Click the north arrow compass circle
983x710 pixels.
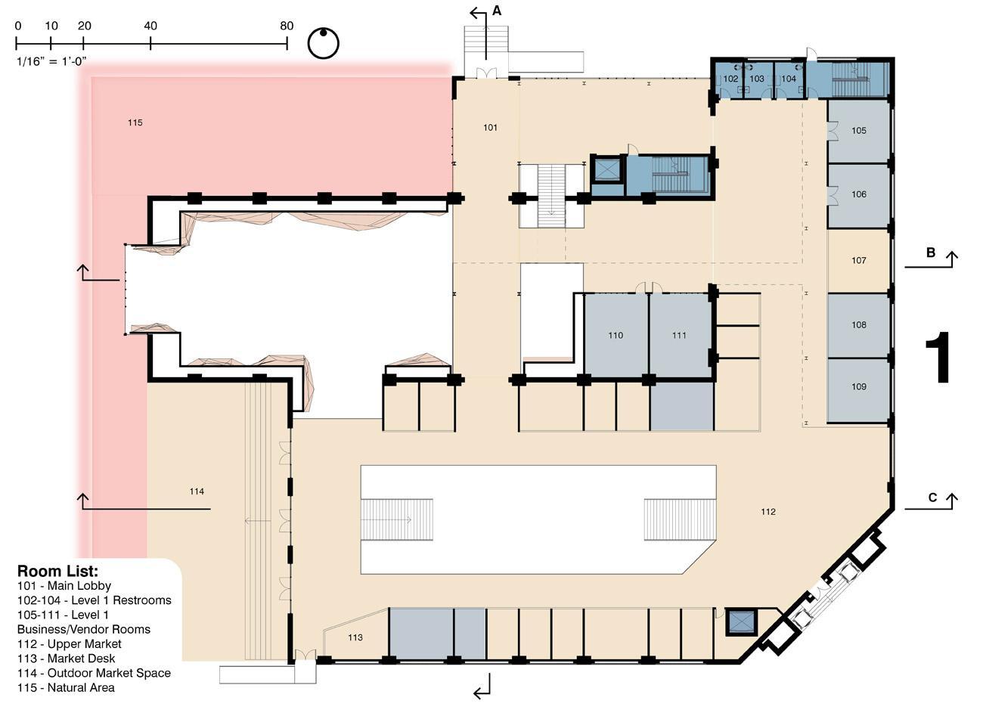point(324,43)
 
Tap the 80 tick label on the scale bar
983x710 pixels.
point(287,26)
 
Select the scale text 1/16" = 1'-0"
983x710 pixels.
point(51,61)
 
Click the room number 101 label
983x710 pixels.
point(490,128)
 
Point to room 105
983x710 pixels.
point(858,132)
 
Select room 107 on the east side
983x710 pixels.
point(858,261)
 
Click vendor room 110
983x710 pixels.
point(616,336)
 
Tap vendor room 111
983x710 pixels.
point(679,336)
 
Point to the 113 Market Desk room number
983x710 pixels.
point(355,637)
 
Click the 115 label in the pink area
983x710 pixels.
point(135,122)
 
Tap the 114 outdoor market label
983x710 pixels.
point(197,491)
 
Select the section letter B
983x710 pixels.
point(930,253)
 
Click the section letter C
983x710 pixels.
point(932,498)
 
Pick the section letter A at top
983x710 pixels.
point(496,11)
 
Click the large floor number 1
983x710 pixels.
point(938,357)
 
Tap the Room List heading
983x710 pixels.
point(57,572)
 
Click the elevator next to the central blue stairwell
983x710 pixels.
point(607,169)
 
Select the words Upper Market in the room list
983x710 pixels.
point(84,643)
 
